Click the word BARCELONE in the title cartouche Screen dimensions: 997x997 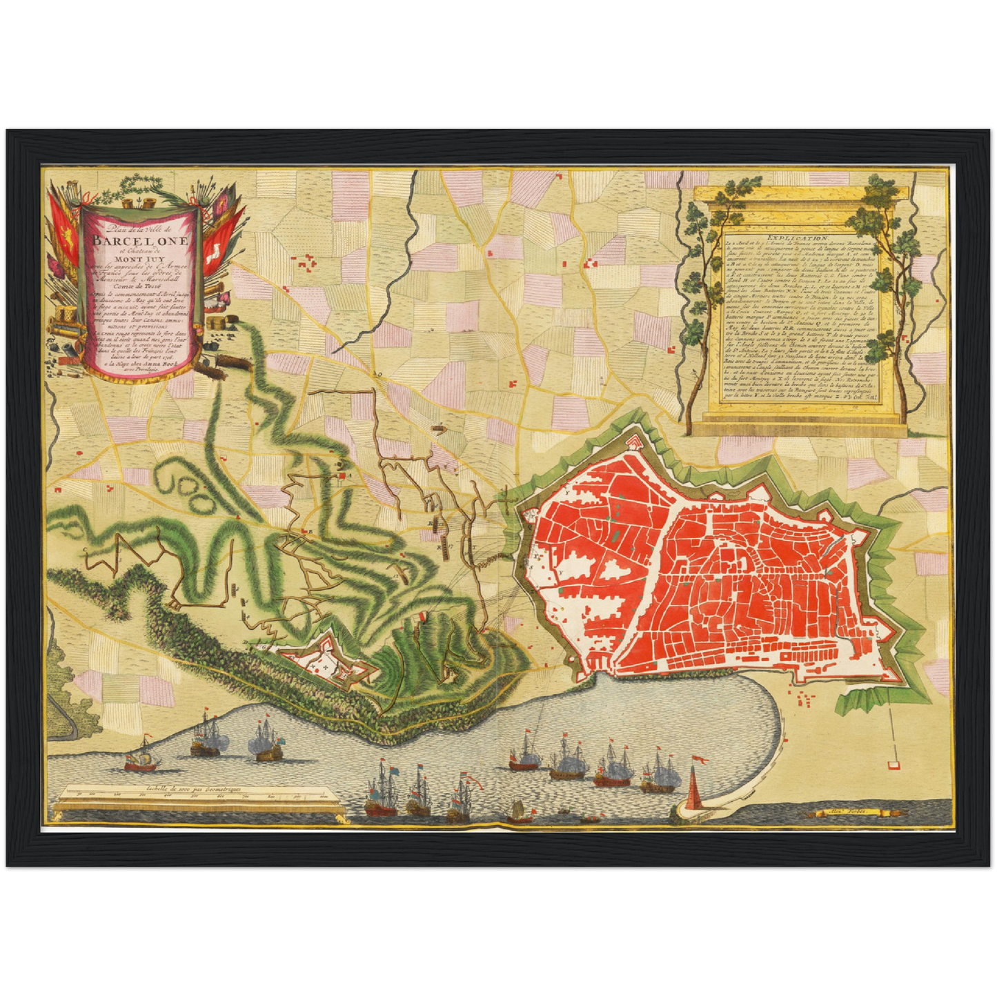[141, 241]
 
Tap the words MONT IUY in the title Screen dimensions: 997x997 [141, 261]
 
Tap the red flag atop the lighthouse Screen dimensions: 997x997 [700, 759]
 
